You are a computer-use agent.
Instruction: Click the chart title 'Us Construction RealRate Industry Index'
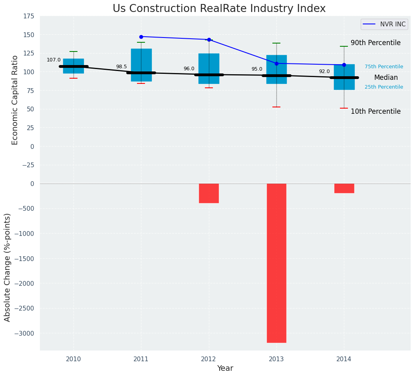coord(219,9)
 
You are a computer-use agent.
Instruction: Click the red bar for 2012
coord(209,193)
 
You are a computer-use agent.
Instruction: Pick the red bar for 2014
coord(344,188)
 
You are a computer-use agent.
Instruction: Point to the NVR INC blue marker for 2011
coord(141,37)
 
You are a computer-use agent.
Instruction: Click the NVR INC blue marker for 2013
coord(276,63)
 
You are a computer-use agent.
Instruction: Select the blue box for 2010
coord(73,66)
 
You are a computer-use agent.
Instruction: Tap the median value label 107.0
coord(54,60)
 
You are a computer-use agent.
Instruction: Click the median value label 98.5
coord(121,67)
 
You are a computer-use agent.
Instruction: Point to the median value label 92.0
coord(324,71)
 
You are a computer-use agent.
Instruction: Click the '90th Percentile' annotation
coord(375,43)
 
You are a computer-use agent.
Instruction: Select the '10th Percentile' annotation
coord(375,112)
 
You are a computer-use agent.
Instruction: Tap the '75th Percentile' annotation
coord(384,67)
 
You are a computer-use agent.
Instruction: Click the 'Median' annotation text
coord(386,78)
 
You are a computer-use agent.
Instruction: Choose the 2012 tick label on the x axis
coord(208,359)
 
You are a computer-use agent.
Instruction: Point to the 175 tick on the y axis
coord(28,16)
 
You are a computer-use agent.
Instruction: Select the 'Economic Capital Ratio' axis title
coord(15,100)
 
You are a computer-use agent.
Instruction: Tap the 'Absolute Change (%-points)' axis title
coord(8,267)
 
